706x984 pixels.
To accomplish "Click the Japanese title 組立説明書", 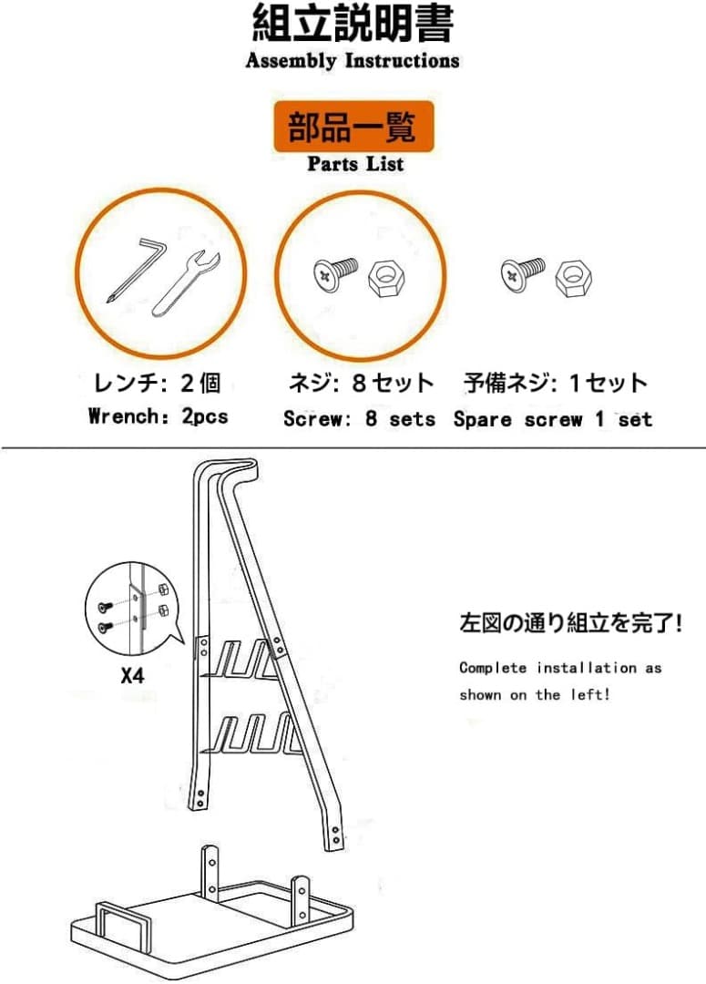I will pyautogui.click(x=353, y=24).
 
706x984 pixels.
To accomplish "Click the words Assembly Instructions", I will pyautogui.click(x=353, y=61).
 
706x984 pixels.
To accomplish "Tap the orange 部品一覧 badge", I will pyautogui.click(x=353, y=127).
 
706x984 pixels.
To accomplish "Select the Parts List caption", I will pyautogui.click(x=354, y=164).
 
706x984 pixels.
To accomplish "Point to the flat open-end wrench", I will pyautogui.click(x=185, y=279).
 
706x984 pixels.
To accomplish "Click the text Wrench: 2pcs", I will pyautogui.click(x=159, y=417).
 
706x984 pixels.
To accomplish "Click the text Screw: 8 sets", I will pyautogui.click(x=359, y=419).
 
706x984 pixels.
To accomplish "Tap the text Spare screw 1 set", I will pyautogui.click(x=553, y=419).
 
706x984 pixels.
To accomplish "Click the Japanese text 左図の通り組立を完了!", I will pyautogui.click(x=571, y=625).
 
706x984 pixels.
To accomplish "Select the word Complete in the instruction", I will pyautogui.click(x=493, y=668).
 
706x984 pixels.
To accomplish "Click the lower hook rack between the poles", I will pyautogui.click(x=251, y=734).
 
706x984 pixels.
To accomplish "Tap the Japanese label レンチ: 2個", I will pyautogui.click(x=158, y=384).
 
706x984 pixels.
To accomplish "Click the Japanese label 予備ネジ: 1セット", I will pyautogui.click(x=556, y=384).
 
